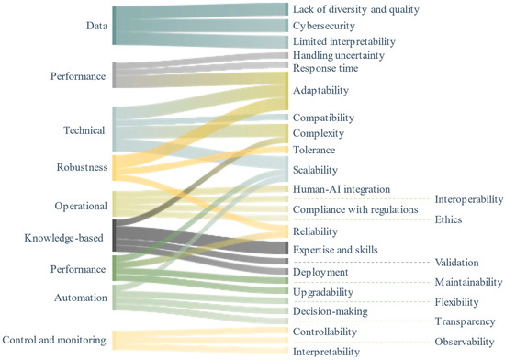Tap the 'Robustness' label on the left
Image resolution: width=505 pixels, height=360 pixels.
click(80, 168)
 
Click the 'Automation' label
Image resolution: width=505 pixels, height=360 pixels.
click(80, 298)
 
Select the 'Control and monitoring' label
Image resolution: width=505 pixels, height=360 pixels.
click(54, 340)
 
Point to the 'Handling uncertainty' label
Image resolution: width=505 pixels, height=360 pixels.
click(338, 55)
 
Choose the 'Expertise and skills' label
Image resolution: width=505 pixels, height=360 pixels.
click(337, 250)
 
